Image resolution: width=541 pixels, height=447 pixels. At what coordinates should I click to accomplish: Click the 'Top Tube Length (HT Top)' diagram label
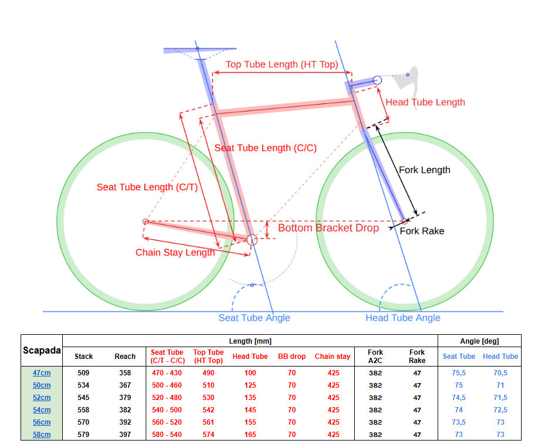(282, 65)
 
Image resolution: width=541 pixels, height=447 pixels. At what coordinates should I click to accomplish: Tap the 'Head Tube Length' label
(425, 102)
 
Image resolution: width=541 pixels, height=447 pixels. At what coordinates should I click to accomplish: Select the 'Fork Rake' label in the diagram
(422, 231)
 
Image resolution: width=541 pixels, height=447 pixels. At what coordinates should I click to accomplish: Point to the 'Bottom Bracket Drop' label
(328, 228)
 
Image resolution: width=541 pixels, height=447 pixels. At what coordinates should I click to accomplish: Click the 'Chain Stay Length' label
(175, 253)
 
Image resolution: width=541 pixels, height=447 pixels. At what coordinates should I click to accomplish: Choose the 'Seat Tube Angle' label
(254, 318)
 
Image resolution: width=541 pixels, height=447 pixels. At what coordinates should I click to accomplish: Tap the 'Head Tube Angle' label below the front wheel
(403, 318)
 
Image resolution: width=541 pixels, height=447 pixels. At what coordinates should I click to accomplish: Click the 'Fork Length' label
(425, 170)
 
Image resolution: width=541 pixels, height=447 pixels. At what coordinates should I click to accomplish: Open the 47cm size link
(42, 373)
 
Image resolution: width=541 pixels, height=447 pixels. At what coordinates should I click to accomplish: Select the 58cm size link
(42, 435)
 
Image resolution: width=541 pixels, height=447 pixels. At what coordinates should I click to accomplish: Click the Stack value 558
(83, 410)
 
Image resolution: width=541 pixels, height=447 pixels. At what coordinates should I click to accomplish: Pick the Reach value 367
(125, 385)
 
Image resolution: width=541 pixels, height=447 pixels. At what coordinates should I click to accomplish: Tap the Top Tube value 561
(209, 422)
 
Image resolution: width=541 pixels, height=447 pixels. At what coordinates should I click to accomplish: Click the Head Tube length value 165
(250, 435)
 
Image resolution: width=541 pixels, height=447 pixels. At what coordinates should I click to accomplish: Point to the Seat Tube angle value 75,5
(459, 373)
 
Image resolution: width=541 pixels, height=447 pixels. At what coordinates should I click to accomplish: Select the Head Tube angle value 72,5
(500, 410)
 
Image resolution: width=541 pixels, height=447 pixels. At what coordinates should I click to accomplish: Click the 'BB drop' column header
(292, 357)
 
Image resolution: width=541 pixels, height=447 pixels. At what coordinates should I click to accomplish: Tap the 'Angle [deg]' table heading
(479, 341)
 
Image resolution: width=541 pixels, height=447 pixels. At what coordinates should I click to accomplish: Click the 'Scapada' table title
(42, 351)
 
